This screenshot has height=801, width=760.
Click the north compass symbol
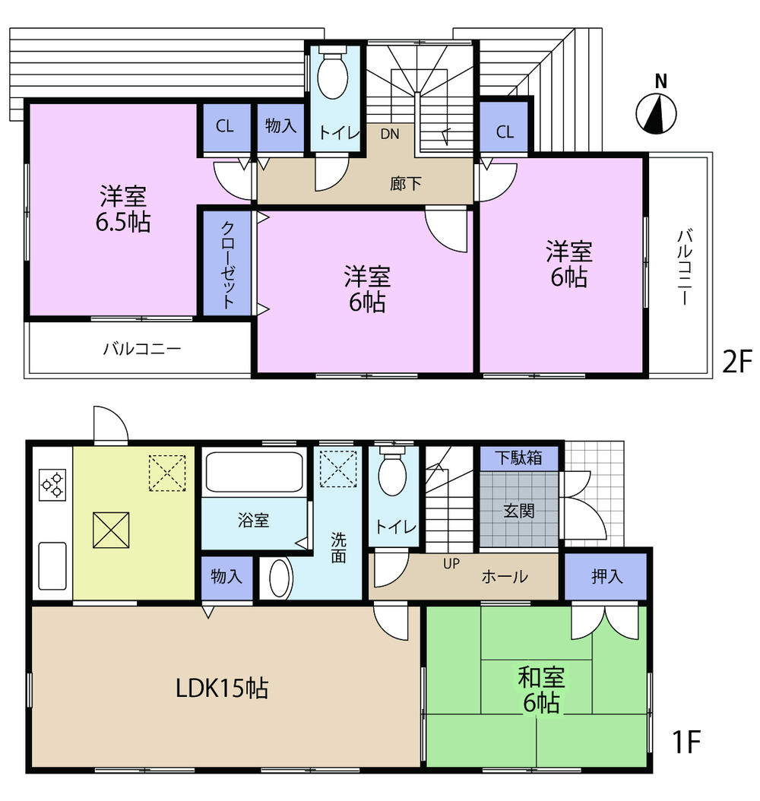[657, 113]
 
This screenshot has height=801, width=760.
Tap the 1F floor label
[685, 741]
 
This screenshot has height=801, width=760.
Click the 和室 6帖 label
[540, 689]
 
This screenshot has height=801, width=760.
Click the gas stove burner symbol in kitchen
[52, 485]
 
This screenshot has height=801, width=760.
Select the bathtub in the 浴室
[255, 473]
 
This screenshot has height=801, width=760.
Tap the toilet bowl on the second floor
[332, 77]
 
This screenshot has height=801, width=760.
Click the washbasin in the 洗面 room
[280, 580]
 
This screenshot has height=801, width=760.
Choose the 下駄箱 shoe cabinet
[519, 458]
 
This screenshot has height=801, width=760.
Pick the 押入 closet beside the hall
[606, 577]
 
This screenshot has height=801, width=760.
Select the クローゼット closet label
[227, 263]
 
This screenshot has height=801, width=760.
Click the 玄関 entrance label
[519, 510]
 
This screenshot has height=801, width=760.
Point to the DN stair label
[390, 135]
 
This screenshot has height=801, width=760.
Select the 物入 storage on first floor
[226, 577]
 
